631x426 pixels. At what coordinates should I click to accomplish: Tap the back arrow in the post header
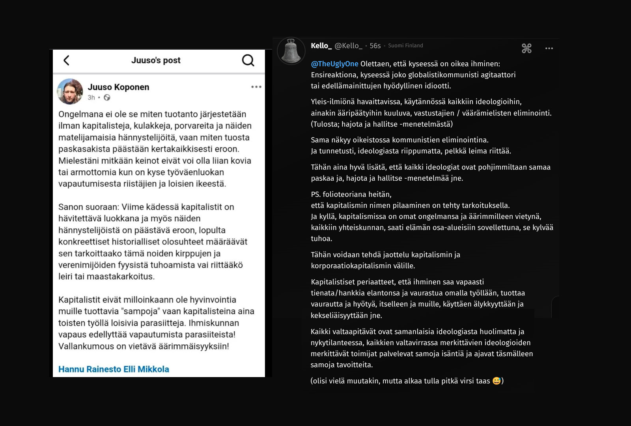click(x=66, y=60)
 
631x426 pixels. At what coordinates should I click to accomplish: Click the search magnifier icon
click(x=248, y=60)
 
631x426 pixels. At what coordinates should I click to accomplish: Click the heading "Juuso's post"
click(x=156, y=60)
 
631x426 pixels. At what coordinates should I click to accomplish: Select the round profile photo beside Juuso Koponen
click(x=70, y=92)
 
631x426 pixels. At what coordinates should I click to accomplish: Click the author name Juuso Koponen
click(x=118, y=87)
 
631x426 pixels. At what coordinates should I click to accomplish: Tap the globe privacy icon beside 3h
click(x=107, y=97)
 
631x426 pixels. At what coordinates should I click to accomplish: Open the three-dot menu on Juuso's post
click(x=256, y=87)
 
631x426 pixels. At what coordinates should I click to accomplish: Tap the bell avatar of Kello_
click(x=291, y=51)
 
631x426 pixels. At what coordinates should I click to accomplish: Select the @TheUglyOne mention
click(x=334, y=64)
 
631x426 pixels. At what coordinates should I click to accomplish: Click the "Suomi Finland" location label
click(x=405, y=46)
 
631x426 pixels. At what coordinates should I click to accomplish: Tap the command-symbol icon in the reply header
click(x=526, y=49)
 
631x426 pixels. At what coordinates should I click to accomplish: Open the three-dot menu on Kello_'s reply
click(x=549, y=49)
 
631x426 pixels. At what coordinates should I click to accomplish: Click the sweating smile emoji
click(x=497, y=381)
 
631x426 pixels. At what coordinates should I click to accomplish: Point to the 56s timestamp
click(x=375, y=46)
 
